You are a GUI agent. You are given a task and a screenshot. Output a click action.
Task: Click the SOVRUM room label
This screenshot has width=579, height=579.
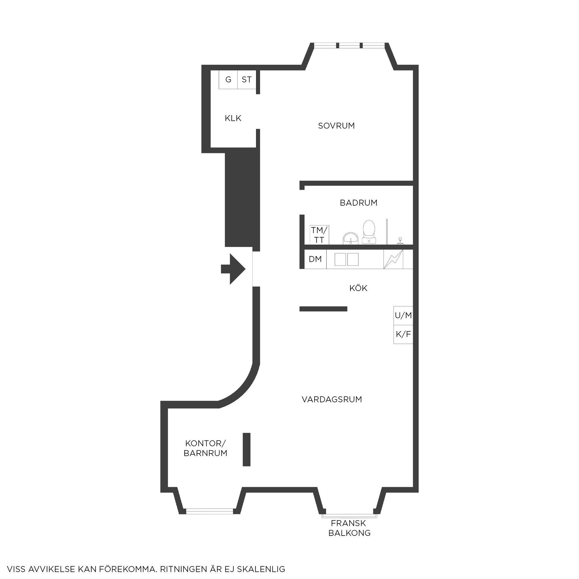[336, 126]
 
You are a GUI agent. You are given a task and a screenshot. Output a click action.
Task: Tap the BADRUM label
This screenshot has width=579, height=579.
[359, 203]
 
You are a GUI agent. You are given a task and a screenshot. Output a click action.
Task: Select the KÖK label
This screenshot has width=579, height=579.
[358, 288]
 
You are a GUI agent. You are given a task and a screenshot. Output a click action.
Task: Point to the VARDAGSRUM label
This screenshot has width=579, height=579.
[332, 400]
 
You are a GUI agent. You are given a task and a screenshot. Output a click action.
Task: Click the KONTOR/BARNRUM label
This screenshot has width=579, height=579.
[205, 448]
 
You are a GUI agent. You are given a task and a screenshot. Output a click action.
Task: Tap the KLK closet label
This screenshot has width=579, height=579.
[233, 118]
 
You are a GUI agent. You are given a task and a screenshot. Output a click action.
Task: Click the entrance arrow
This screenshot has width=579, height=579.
[233, 269]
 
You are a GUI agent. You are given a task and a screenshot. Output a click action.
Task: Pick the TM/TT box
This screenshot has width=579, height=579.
[319, 235]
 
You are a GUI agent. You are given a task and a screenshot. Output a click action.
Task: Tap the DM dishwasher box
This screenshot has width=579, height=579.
[315, 259]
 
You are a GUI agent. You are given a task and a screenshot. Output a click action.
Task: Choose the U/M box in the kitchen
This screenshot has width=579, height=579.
[403, 315]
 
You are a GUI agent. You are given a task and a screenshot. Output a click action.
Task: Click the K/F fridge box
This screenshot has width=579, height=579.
[403, 334]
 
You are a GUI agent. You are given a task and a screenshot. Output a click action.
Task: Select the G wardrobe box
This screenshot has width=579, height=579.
[228, 80]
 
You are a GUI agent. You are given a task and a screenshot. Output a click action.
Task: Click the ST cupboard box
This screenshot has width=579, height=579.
[247, 80]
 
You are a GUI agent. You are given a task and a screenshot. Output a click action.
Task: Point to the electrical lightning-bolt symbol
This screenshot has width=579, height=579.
[393, 259]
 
